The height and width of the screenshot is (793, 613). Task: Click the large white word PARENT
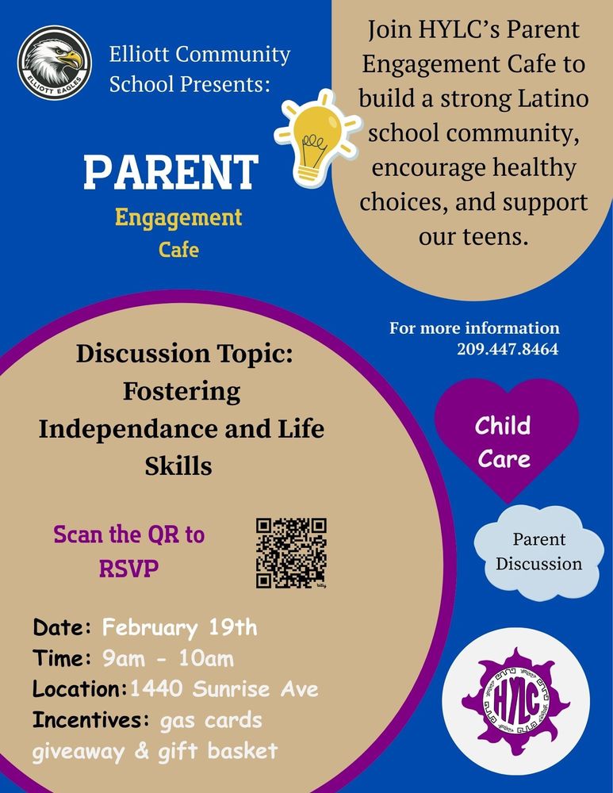171,171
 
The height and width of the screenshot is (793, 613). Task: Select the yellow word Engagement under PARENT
178,216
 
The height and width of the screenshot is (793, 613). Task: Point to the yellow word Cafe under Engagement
178,250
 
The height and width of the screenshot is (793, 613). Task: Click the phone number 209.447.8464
508,348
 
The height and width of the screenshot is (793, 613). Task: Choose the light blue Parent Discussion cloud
538,552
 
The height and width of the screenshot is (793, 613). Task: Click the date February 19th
179,628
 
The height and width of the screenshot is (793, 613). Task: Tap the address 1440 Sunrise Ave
224,688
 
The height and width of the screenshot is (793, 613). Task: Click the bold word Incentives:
91,719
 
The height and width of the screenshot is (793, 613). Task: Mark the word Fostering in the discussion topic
182,391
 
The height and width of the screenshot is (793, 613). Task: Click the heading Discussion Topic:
184,354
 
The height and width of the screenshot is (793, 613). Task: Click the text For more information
474,328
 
